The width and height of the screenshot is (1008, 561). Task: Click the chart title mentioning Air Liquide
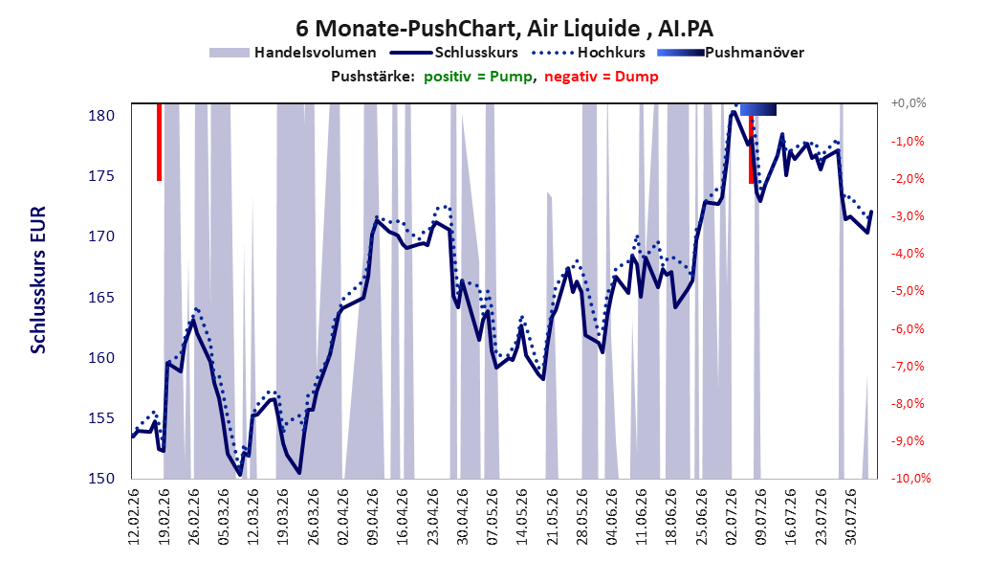[x=504, y=29]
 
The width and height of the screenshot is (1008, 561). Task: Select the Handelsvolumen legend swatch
[x=229, y=53]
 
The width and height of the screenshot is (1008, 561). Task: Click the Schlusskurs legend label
[x=476, y=52]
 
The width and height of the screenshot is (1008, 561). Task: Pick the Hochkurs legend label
[x=611, y=52]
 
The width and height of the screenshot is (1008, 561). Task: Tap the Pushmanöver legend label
[x=754, y=53]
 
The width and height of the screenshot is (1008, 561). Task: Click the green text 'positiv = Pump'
[x=477, y=77]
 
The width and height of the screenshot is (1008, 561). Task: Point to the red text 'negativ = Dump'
[x=602, y=77]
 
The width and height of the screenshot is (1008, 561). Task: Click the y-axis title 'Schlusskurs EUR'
[x=38, y=280]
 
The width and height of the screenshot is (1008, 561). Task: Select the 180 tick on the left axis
[x=101, y=116]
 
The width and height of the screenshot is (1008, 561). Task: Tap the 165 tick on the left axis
[x=101, y=297]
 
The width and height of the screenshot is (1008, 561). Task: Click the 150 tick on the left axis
[x=101, y=478]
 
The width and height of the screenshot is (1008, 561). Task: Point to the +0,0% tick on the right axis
[x=909, y=103]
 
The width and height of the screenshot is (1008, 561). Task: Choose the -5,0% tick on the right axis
[x=909, y=291]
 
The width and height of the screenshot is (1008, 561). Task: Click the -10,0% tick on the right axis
[x=910, y=478]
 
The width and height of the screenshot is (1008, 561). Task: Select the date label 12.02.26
[x=134, y=517]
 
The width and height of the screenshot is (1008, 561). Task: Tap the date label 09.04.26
[x=373, y=517]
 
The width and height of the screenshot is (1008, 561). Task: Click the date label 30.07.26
[x=851, y=517]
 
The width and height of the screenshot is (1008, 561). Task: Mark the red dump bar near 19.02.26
[x=160, y=142]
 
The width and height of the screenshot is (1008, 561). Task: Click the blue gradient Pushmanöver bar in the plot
[x=758, y=109]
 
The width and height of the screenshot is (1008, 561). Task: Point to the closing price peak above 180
[x=733, y=113]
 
